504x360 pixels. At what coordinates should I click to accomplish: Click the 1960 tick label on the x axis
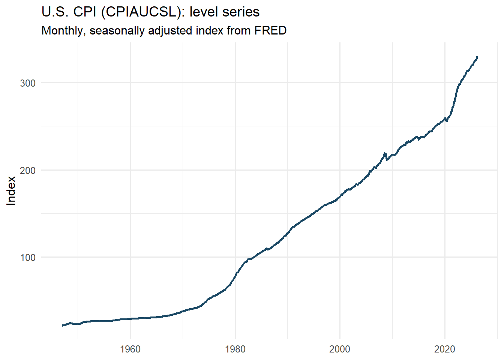130,349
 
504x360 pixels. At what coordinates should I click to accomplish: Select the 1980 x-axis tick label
235,349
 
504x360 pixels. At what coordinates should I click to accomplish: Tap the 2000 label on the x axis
340,349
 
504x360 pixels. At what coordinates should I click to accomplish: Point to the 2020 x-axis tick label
445,349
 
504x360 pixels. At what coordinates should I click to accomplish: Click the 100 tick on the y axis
27,258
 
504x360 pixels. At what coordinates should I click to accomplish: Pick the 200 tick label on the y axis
27,170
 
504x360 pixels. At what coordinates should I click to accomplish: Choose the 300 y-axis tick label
27,83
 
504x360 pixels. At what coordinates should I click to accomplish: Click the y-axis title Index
12,190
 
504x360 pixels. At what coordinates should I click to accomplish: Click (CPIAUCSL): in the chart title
144,12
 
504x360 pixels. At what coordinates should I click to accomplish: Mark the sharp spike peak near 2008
385,153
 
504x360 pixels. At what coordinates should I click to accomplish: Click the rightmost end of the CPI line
477,57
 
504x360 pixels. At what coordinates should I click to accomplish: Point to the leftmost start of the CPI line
62,325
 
